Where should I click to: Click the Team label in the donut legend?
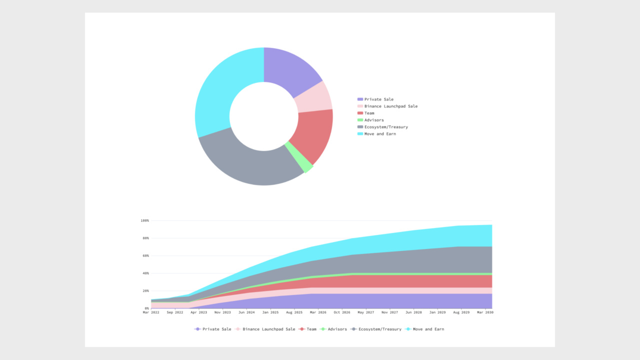[369, 113]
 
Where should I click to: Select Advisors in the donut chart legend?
[374, 120]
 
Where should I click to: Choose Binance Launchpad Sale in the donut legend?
[390, 106]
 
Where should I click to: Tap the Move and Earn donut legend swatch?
[360, 134]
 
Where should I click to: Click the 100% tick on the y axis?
[145, 220]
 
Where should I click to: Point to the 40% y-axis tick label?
[145, 273]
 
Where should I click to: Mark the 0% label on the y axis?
[146, 308]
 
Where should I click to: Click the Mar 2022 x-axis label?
[151, 312]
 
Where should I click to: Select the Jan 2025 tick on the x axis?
[270, 312]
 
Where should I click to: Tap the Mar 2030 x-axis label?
[485, 312]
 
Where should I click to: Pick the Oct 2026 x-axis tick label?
[342, 312]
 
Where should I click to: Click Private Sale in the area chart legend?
[216, 329]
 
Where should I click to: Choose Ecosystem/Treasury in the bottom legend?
[379, 329]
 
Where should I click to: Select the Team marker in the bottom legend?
[301, 329]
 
